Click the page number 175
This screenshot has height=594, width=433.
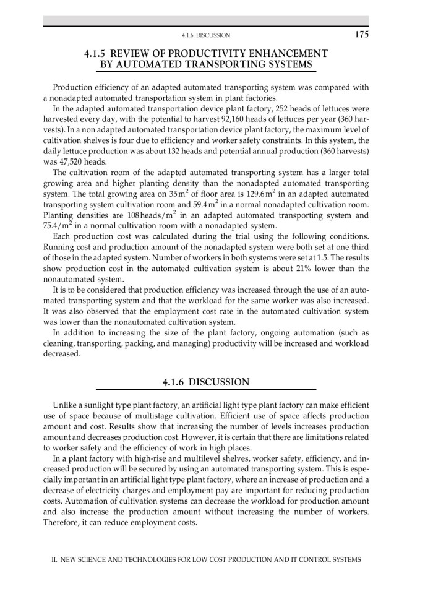362,34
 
